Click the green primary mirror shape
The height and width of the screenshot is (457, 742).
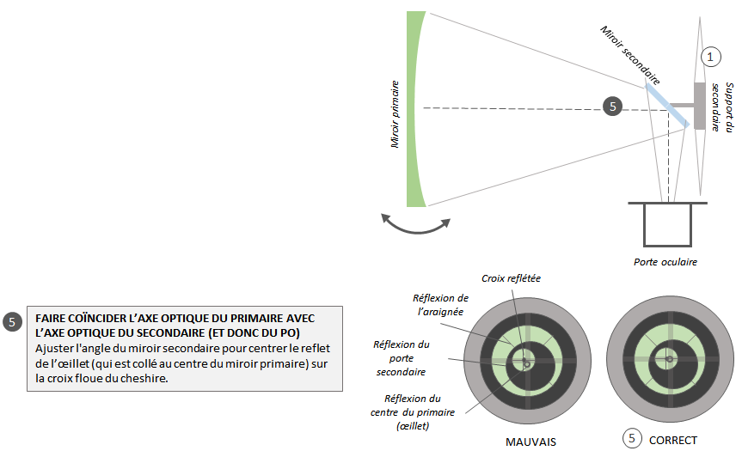click(x=414, y=109)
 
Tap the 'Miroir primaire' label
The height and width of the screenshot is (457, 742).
click(x=396, y=114)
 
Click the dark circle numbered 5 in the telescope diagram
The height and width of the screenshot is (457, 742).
click(x=612, y=107)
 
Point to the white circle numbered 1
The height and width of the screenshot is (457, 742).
click(x=709, y=57)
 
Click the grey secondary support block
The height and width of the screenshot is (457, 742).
click(x=700, y=106)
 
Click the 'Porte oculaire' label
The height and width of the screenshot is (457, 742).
click(x=665, y=261)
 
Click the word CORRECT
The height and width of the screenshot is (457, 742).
click(x=674, y=439)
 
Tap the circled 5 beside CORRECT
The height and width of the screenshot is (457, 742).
click(x=633, y=438)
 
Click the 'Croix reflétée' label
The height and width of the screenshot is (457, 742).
click(x=512, y=277)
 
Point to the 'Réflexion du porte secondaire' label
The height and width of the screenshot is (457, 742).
click(x=401, y=357)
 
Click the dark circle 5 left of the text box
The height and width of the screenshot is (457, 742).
click(x=12, y=323)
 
